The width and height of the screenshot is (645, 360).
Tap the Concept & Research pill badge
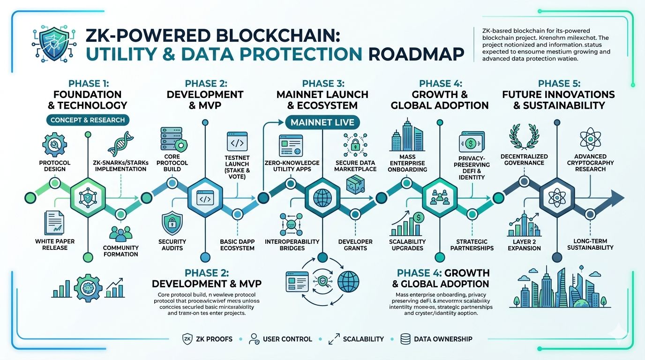point(88,120)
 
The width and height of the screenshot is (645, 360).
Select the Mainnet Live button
point(322,122)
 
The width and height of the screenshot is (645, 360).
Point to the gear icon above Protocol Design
point(54,143)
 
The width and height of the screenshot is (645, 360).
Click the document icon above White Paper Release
point(54,223)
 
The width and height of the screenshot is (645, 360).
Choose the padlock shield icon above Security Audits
point(172,224)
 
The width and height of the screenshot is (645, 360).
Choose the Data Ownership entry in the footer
point(436,339)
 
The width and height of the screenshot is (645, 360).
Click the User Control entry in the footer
point(280,339)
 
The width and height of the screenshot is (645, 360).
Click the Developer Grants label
point(355,245)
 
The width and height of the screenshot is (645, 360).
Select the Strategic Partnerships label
point(472,245)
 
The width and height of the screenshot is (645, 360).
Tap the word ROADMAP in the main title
point(416,54)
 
